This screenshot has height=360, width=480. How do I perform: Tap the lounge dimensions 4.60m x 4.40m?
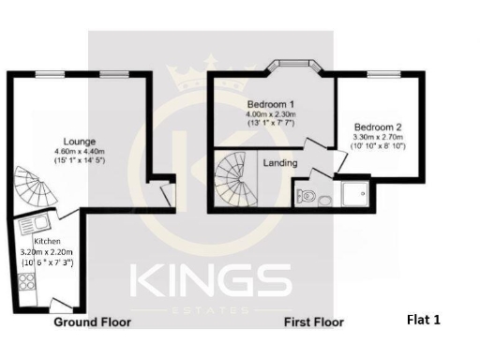coord(78,150)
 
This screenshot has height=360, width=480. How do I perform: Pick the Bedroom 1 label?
coord(271,103)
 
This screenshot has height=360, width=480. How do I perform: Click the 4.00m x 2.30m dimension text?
coord(271,113)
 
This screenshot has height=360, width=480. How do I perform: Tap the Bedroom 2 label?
coord(378,127)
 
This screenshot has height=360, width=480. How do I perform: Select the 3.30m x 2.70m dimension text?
coord(378,137)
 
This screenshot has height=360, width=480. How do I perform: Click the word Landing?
coord(280,163)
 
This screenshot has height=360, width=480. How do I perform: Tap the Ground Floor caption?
coord(92,322)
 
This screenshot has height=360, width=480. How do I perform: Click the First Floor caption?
coord(313,322)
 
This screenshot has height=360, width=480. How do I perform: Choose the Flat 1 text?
coord(423,320)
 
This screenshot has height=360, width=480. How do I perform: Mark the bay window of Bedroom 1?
coord(293,69)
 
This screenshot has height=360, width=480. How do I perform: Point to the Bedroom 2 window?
coord(381,74)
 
